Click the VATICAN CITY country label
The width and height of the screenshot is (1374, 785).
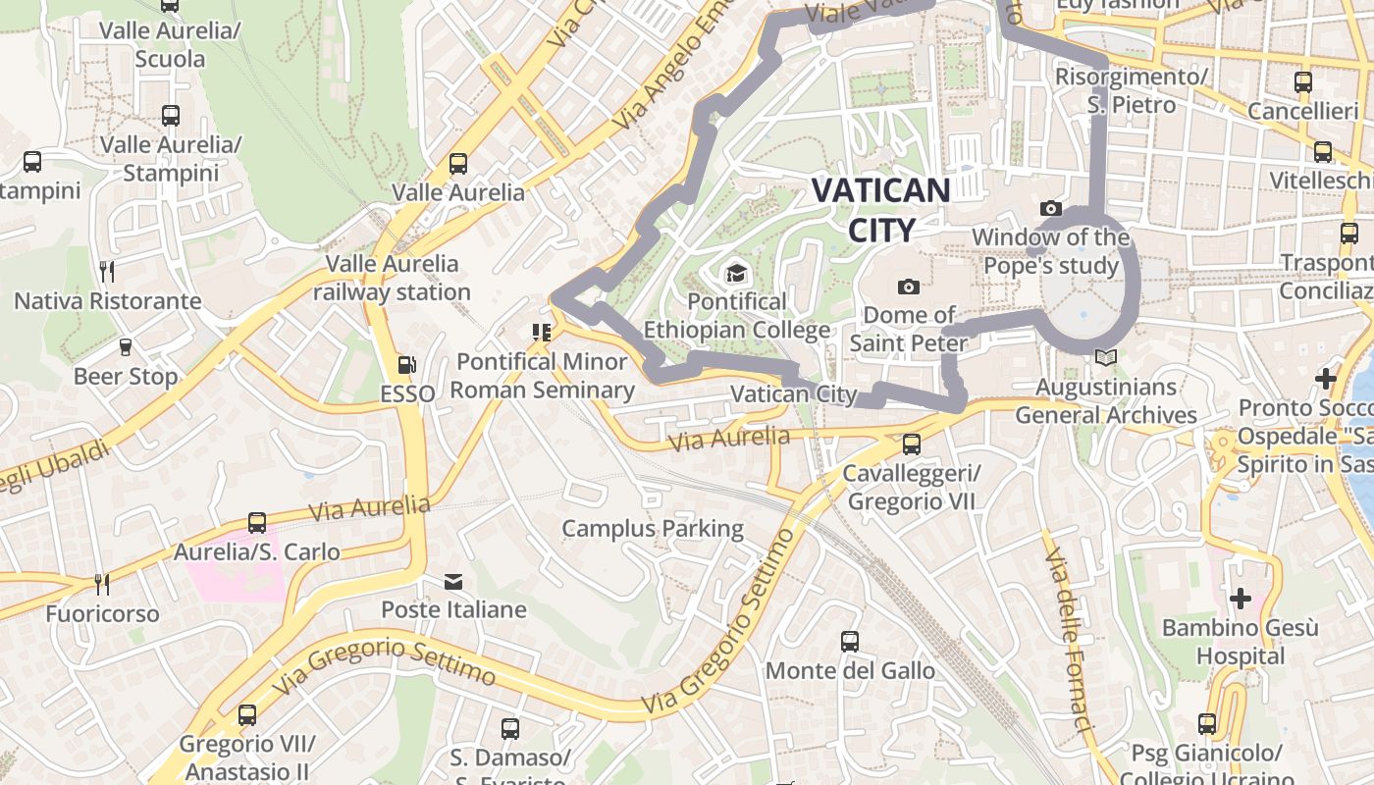[880, 209]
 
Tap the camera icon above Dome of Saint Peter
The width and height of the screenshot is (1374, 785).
[909, 287]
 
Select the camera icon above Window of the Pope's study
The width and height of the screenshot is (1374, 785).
[1051, 208]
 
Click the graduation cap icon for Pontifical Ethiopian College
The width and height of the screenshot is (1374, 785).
[736, 273]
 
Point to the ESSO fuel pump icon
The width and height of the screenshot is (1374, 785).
[406, 366]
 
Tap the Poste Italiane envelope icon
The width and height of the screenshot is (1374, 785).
[453, 582]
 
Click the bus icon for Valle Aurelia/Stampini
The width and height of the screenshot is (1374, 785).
[171, 116]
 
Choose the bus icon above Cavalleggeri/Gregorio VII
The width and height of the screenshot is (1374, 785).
[912, 445]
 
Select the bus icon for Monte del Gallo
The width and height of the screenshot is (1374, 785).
[850, 642]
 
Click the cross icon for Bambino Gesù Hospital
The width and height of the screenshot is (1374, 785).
[1241, 598]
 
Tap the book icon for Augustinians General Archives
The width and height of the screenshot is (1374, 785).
[1106, 359]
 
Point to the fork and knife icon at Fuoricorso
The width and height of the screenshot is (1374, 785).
[102, 585]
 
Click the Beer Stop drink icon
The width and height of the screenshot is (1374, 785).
[126, 346]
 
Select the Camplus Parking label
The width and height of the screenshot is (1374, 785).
[653, 529]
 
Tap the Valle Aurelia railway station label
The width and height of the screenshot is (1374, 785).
[393, 278]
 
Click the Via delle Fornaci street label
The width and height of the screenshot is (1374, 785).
[1069, 643]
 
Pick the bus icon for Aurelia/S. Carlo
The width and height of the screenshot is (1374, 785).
[257, 523]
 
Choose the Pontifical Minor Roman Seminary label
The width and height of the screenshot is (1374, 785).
[543, 376]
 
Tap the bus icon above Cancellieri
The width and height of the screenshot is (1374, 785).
[1303, 82]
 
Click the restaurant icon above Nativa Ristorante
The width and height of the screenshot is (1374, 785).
[108, 271]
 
